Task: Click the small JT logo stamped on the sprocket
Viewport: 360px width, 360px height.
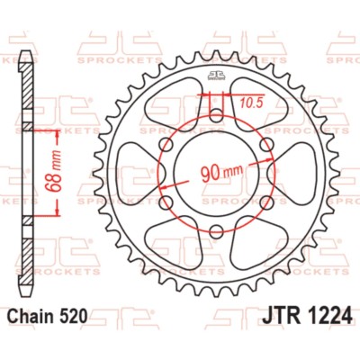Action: coord(215,75)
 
